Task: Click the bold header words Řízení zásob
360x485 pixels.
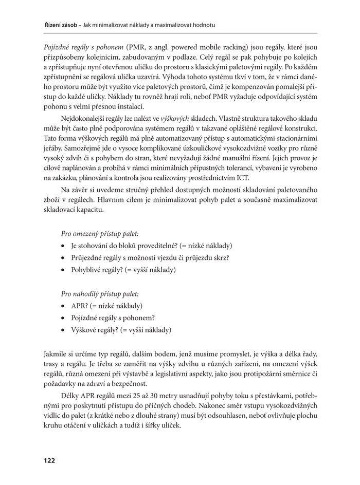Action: [47, 25]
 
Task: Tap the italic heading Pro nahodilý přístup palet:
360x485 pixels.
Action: [100, 294]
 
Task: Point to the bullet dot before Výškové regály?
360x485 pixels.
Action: [63, 330]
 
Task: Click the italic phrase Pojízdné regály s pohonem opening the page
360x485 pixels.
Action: [77, 48]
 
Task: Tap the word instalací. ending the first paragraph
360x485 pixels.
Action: [128, 107]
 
